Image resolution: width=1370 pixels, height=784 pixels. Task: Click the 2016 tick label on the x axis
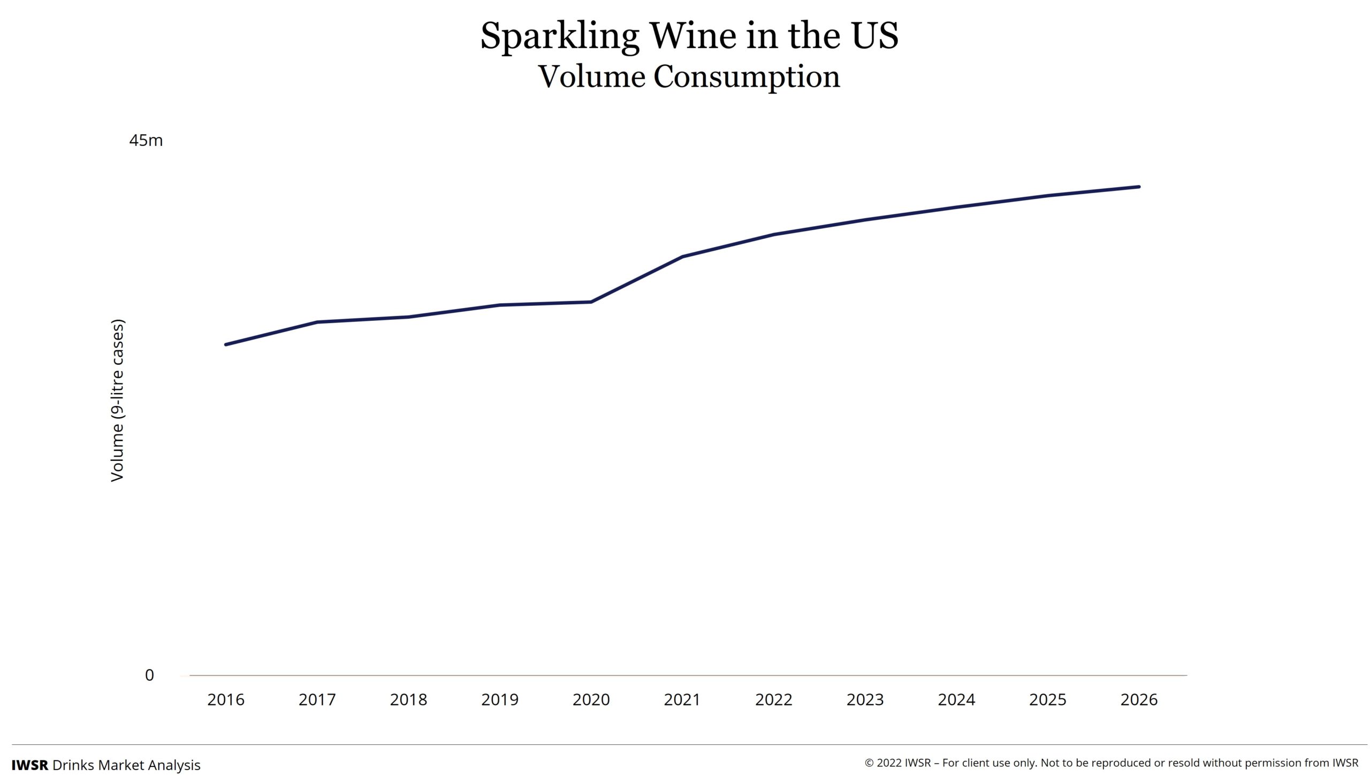(226, 700)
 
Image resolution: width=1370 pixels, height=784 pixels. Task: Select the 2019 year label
(499, 700)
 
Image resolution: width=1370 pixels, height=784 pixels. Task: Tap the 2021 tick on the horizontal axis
(682, 700)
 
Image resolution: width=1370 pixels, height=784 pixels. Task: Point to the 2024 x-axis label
(956, 700)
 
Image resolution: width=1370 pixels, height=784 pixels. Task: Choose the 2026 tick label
(1139, 700)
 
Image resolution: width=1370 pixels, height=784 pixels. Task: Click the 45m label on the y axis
(146, 141)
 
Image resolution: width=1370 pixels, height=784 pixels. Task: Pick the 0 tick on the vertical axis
(149, 675)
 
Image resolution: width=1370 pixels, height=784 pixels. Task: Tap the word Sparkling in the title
(559, 36)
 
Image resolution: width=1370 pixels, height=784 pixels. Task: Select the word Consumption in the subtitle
(746, 77)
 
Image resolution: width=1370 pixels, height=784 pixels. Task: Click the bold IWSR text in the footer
(29, 765)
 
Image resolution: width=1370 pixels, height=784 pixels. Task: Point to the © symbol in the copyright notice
(869, 763)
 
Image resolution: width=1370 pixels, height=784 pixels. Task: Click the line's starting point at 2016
(226, 344)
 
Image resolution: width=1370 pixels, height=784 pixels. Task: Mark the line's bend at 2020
(591, 302)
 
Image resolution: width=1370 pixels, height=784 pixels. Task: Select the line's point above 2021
(682, 257)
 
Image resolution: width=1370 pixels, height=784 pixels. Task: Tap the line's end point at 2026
(1139, 187)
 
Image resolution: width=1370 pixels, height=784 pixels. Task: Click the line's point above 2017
(317, 322)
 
